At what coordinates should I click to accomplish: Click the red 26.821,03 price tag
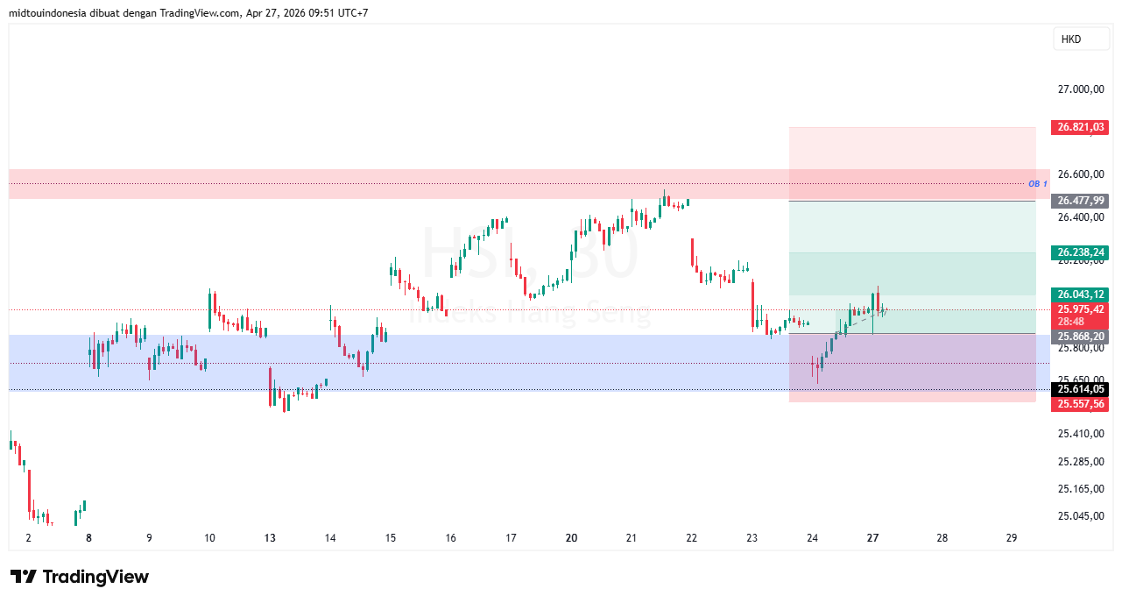point(1082,127)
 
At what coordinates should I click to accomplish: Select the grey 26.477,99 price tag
point(1082,201)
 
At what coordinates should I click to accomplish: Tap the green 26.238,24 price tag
point(1082,252)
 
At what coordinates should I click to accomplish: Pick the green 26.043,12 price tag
point(1082,294)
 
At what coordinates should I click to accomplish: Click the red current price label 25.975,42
point(1082,309)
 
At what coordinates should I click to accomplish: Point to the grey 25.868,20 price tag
point(1082,337)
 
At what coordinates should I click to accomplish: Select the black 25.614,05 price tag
point(1082,389)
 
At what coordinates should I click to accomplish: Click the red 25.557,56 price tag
point(1082,403)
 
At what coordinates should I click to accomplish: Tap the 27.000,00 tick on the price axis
point(1081,89)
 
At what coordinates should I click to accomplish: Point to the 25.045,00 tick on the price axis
point(1081,516)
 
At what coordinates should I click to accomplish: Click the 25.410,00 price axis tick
point(1081,434)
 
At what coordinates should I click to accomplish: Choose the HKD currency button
point(1071,39)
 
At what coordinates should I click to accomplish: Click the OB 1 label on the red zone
point(1038,184)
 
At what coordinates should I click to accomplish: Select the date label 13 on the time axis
point(270,538)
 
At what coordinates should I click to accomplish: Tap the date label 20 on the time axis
point(571,538)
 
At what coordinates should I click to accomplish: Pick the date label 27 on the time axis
point(873,538)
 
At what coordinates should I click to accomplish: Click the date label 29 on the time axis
point(1012,538)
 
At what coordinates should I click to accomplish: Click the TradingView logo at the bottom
point(80,577)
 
